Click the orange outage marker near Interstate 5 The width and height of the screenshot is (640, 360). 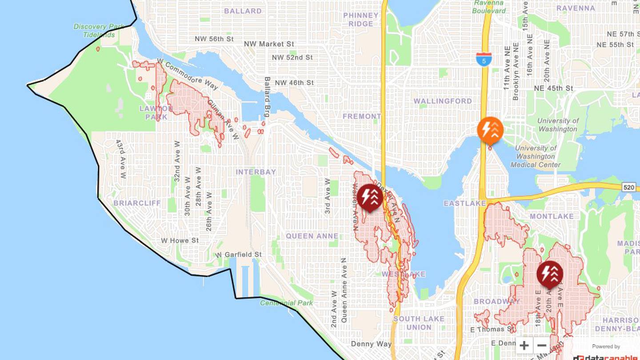click(490, 130)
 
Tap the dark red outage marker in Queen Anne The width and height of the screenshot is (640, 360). click(370, 196)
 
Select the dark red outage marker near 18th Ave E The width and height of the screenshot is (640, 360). click(550, 273)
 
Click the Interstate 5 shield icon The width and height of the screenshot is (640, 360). click(484, 59)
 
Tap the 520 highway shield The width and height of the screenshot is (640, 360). click(629, 188)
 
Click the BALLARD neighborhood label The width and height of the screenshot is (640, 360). click(243, 11)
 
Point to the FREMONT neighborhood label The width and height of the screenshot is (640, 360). click(362, 116)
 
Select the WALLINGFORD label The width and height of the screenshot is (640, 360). click(443, 101)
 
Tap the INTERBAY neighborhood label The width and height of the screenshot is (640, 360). click(256, 172)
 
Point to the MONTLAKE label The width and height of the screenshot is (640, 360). click(552, 216)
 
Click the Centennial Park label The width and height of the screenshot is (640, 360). click(286, 303)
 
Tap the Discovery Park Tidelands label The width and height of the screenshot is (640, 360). click(94, 31)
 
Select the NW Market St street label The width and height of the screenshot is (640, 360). click(269, 44)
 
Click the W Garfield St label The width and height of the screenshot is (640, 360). click(239, 255)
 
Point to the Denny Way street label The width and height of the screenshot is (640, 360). click(371, 344)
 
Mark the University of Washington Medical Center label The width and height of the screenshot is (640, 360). click(536, 156)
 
